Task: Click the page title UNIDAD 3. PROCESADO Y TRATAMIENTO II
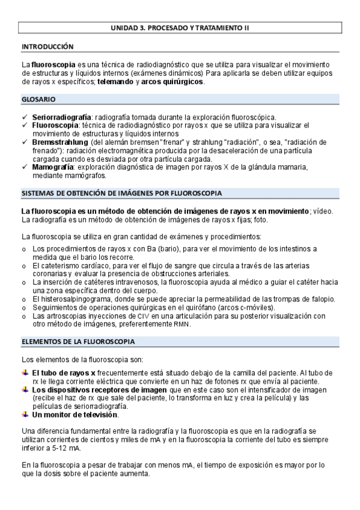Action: pyautogui.click(x=180, y=28)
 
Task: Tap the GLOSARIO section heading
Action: pyautogui.click(x=39, y=99)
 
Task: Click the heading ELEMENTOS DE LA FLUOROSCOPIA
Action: pyautogui.click(x=78, y=342)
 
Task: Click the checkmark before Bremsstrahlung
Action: pyautogui.click(x=24, y=142)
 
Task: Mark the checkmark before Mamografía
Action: pyautogui.click(x=24, y=167)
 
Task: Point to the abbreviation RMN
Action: pyautogui.click(x=181, y=324)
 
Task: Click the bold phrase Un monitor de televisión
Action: pyautogui.click(x=75, y=414)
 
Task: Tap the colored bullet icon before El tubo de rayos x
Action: pyautogui.click(x=25, y=373)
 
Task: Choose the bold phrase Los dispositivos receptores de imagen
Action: pyautogui.click(x=99, y=389)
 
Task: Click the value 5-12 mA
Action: pyautogui.click(x=66, y=448)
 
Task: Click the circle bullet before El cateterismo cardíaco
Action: pyautogui.click(x=24, y=265)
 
